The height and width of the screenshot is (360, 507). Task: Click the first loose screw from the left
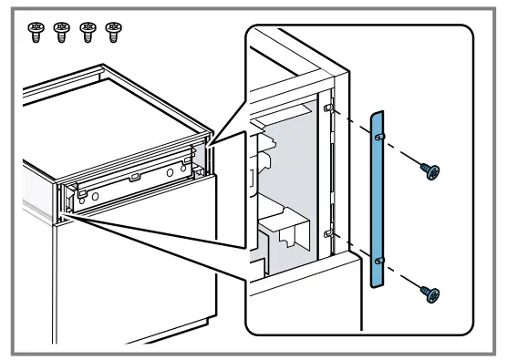coord(36,32)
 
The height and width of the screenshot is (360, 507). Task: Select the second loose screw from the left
coord(62,32)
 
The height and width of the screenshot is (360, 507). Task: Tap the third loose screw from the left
coord(88,32)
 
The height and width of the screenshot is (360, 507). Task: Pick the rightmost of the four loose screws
coord(113,32)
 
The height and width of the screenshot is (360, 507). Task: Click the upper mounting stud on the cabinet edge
coord(326,108)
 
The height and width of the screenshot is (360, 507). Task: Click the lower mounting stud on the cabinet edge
coord(326,234)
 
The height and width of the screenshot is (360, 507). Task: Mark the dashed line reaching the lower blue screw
coord(404,277)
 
